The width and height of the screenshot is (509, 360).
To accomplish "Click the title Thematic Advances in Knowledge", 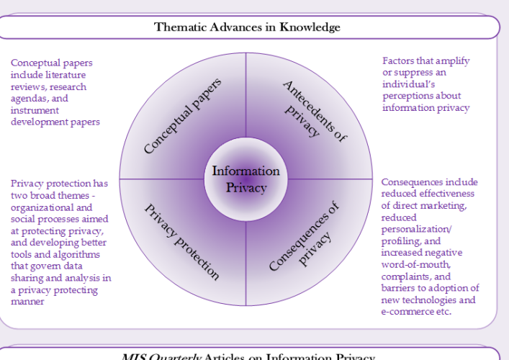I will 247,27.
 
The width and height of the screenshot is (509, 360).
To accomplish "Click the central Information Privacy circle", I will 246,179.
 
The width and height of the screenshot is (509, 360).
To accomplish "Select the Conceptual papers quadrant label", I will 182,117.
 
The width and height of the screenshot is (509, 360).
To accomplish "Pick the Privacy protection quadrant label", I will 181,242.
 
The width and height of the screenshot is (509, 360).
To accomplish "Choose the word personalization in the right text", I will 415,229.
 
